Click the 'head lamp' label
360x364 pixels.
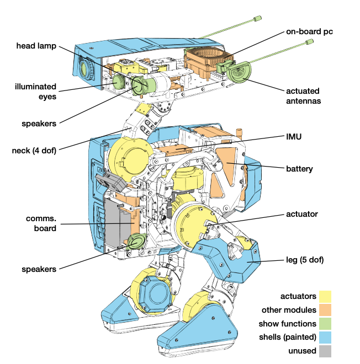[x=36, y=46]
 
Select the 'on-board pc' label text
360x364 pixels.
[x=309, y=31]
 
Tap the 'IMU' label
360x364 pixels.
[x=294, y=137]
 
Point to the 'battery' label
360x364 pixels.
[x=299, y=169]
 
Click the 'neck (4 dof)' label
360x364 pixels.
[x=34, y=151]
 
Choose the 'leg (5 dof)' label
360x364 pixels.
[x=305, y=260]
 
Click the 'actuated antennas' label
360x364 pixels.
[x=303, y=96]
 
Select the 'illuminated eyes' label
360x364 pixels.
[x=35, y=92]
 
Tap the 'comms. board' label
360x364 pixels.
[x=41, y=223]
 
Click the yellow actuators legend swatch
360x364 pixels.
[x=325, y=297]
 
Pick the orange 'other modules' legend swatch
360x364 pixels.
[x=325, y=310]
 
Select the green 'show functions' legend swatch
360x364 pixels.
[x=325, y=324]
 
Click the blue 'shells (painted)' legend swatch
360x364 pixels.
[x=325, y=337]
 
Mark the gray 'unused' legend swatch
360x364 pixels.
[x=325, y=351]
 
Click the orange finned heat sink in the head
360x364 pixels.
[x=208, y=61]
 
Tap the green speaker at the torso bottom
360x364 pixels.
[x=136, y=243]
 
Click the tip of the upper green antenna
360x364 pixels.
[x=258, y=18]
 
